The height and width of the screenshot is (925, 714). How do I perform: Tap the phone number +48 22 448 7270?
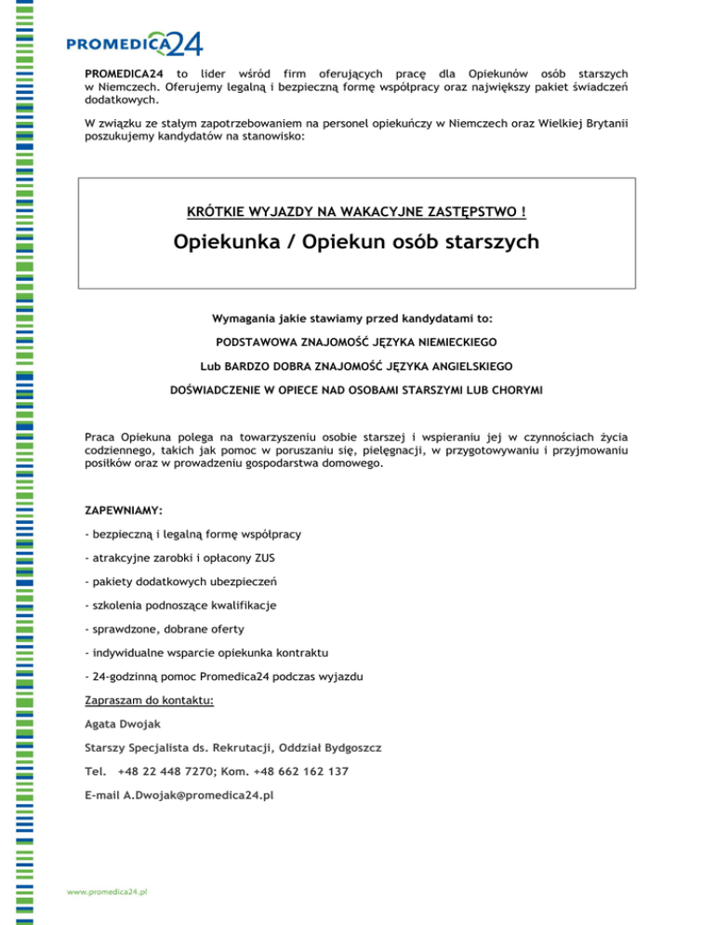[x=158, y=771]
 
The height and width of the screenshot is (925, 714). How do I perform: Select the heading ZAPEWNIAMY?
[x=123, y=510]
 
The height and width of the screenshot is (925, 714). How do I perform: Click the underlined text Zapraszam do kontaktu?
[x=149, y=700]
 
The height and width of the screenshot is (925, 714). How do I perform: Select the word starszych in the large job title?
[x=489, y=244]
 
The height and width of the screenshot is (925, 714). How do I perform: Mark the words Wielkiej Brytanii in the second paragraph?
[x=573, y=123]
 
